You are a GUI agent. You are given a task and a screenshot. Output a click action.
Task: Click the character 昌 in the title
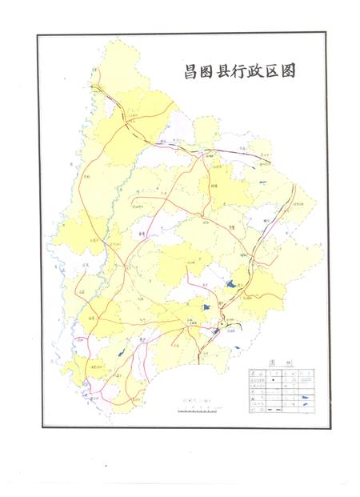(x=190, y=70)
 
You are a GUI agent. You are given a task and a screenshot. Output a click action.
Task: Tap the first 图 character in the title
(x=207, y=70)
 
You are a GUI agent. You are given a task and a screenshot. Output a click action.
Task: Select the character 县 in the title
(x=224, y=70)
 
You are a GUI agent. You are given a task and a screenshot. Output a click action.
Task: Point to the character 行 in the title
(x=241, y=70)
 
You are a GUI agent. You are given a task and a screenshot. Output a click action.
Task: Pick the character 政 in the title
(x=257, y=70)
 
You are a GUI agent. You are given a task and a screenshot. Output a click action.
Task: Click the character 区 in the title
(x=274, y=70)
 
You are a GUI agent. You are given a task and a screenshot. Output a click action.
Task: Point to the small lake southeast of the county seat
(x=238, y=346)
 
